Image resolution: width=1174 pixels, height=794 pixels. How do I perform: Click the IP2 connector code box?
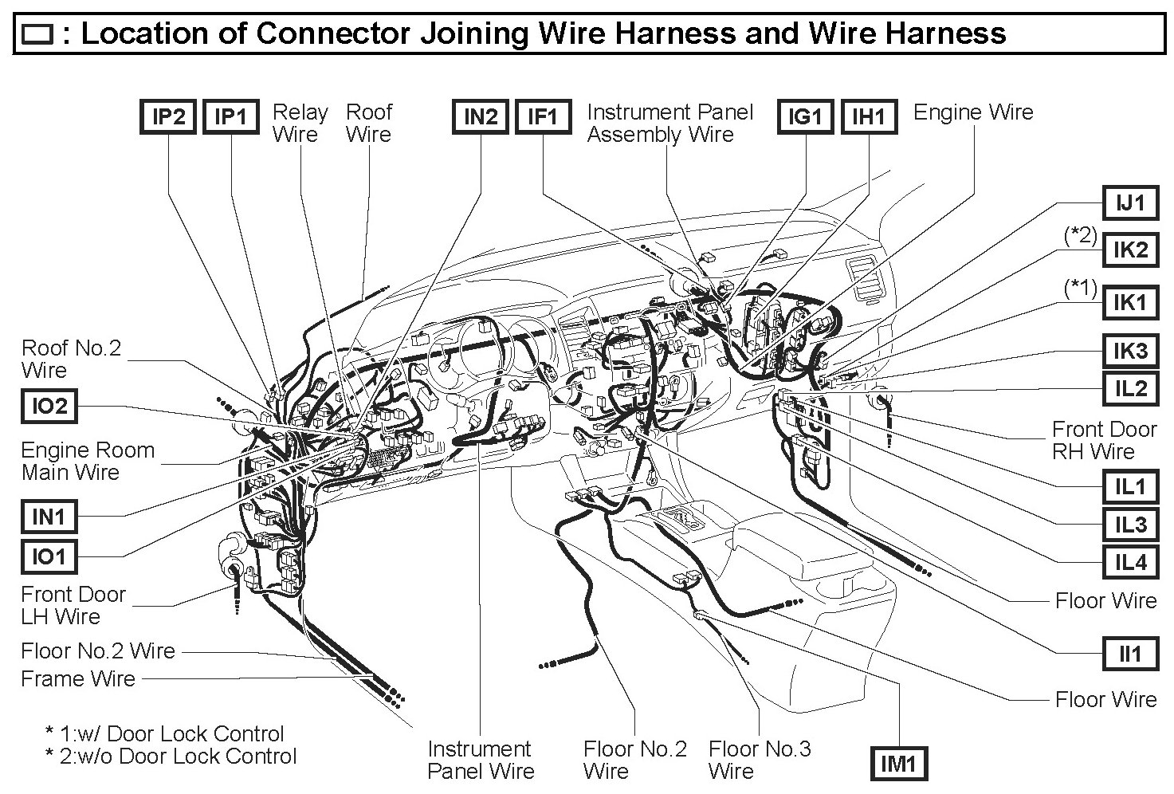pos(168,117)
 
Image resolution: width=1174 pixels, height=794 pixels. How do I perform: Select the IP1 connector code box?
pos(231,117)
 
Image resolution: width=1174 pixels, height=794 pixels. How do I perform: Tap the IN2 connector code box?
pos(480,117)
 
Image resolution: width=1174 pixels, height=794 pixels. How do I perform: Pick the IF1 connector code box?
pos(543,117)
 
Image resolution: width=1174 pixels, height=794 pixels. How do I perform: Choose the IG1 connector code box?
pos(805,117)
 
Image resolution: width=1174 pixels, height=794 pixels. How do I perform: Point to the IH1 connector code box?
pos(869,117)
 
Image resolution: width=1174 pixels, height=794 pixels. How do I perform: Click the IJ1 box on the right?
pos(1130,204)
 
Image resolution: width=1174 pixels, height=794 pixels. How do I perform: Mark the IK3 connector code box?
pos(1130,350)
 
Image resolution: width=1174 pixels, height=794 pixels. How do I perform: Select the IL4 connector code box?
pos(1130,563)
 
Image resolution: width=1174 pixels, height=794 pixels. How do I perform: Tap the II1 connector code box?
pos(1130,654)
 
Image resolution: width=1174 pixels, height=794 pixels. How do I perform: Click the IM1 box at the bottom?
pos(898,765)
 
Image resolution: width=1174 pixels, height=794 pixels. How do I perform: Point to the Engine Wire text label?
pos(972,112)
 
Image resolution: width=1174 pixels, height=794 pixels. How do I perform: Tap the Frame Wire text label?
pos(78,679)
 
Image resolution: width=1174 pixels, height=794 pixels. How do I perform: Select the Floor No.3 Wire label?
pos(759,760)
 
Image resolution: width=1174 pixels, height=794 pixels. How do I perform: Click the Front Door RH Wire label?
pos(1104,440)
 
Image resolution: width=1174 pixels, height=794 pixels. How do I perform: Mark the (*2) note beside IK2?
pos(1081,236)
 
